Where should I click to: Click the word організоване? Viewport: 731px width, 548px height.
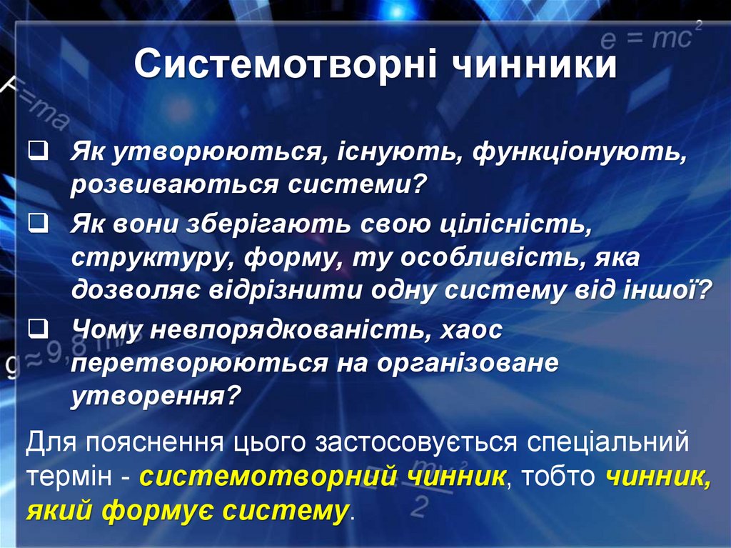pyautogui.click(x=468, y=362)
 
